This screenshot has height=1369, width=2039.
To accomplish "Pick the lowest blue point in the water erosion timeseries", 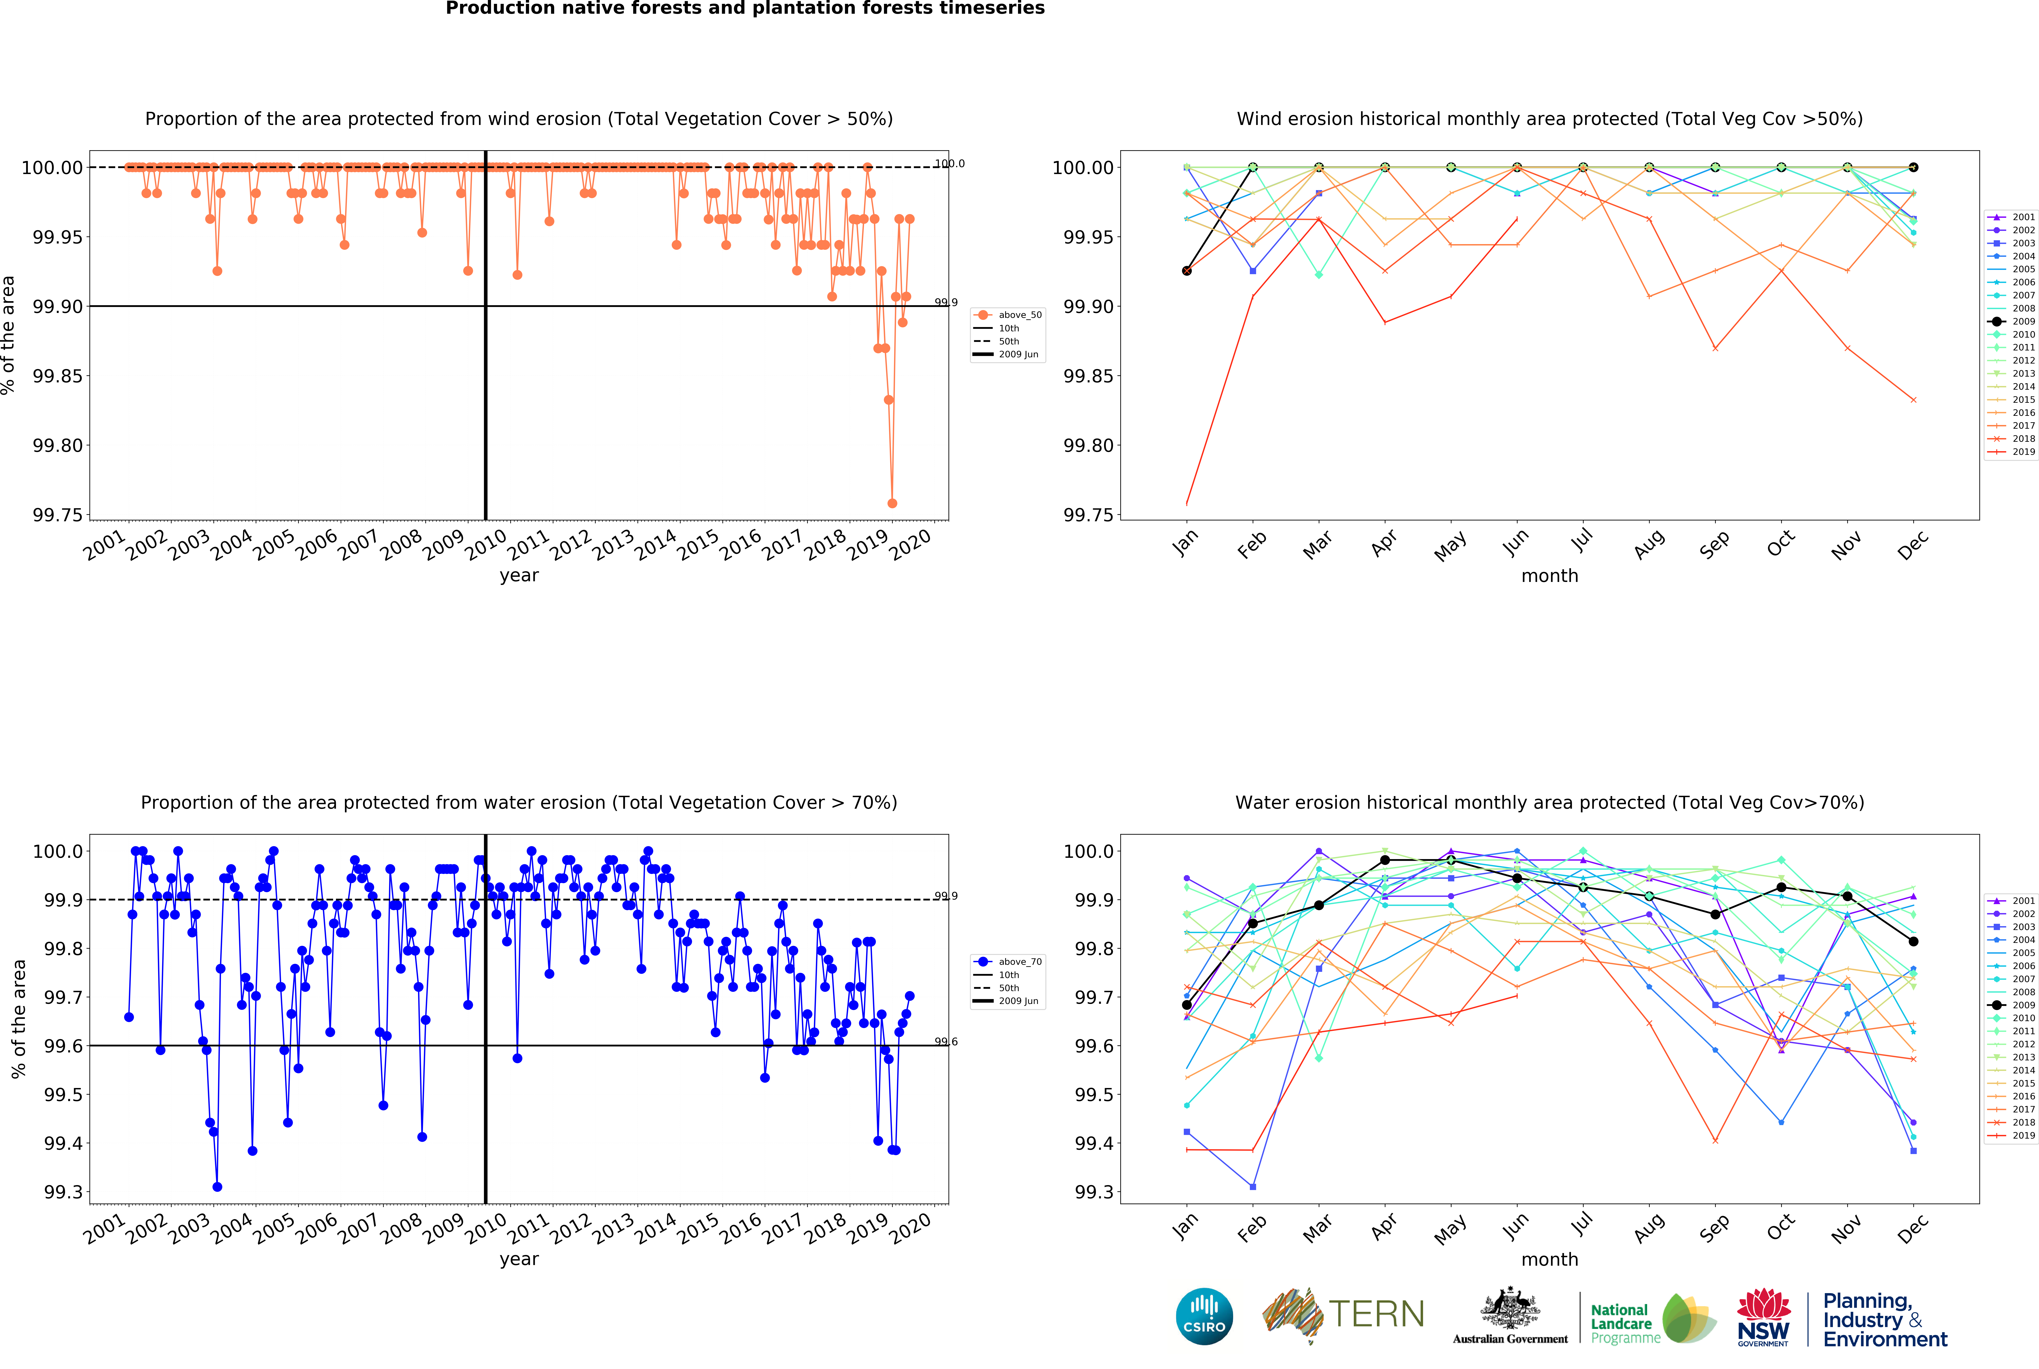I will click(217, 1187).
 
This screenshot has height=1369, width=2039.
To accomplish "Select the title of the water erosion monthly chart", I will click(1549, 802).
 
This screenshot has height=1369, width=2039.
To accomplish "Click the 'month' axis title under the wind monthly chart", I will click(1549, 575).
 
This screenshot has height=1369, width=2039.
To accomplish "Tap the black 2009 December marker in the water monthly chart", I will click(1913, 941).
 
